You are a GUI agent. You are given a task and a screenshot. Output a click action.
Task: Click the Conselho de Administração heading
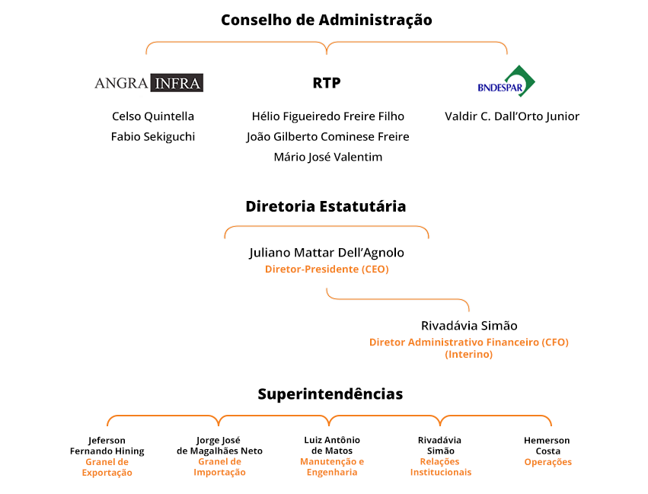click(327, 21)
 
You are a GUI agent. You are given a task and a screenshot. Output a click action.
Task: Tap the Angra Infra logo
click(148, 83)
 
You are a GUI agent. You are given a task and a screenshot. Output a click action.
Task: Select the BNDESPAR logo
click(506, 81)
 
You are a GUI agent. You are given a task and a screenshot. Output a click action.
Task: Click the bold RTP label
click(327, 83)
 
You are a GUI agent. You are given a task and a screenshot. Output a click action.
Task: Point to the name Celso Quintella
click(153, 116)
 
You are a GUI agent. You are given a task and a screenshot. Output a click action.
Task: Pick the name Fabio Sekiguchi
click(153, 137)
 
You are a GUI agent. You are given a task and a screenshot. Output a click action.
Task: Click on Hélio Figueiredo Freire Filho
click(327, 116)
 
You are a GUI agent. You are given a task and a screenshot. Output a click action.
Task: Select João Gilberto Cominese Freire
click(327, 137)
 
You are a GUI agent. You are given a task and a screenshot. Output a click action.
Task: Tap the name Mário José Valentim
click(327, 157)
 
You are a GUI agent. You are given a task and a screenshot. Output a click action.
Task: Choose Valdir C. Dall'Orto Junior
click(512, 116)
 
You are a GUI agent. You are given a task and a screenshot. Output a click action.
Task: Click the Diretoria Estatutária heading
click(326, 206)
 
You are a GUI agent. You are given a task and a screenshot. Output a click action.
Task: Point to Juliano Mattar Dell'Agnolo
click(327, 253)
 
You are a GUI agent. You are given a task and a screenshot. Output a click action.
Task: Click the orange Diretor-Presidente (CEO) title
click(327, 269)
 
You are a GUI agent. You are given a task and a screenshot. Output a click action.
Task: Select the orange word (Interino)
click(468, 355)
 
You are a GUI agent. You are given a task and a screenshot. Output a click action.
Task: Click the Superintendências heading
click(330, 394)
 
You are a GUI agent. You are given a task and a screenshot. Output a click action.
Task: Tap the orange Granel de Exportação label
click(107, 467)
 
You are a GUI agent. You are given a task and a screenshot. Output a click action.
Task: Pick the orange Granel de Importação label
click(219, 467)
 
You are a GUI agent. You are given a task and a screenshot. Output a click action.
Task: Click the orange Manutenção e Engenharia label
click(332, 467)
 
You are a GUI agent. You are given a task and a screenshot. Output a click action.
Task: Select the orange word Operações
click(548, 462)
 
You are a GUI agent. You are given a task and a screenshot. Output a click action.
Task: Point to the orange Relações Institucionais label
click(441, 467)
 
